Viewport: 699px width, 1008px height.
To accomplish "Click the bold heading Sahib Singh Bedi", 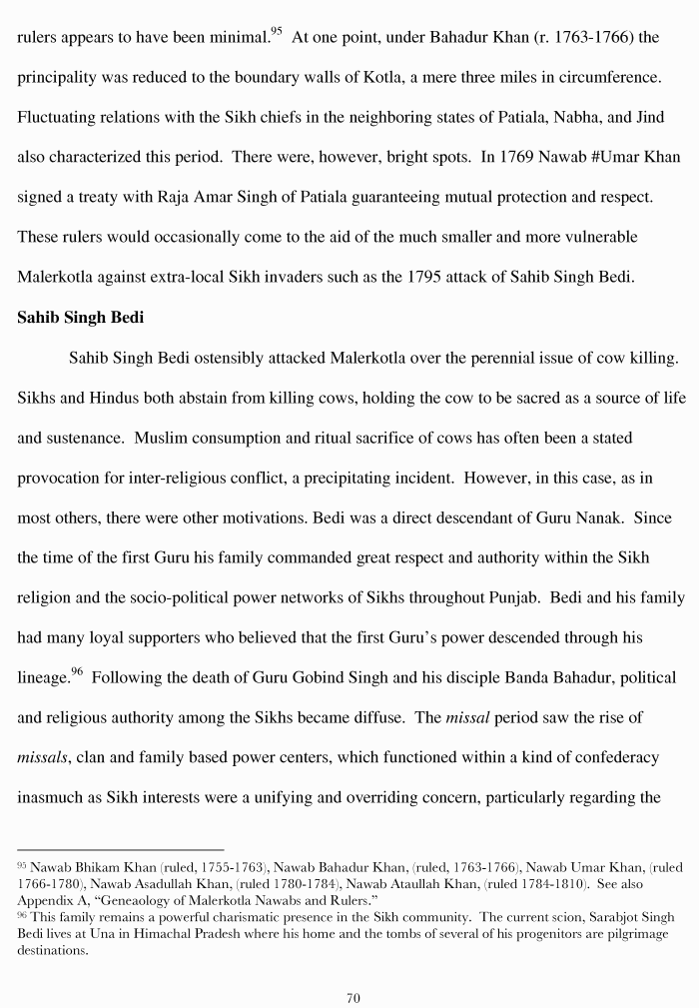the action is [x=76, y=319].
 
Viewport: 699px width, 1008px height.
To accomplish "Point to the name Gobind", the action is [x=305, y=678].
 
